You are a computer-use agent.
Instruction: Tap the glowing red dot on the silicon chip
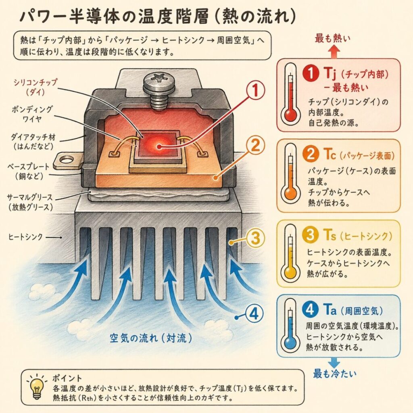pyautogui.click(x=159, y=146)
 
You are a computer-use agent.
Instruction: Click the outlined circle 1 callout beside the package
pyautogui.click(x=255, y=90)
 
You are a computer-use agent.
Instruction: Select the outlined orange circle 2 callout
pyautogui.click(x=255, y=146)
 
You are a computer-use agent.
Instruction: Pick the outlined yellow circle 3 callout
pyautogui.click(x=255, y=238)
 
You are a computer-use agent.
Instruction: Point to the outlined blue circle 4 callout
pyautogui.click(x=254, y=314)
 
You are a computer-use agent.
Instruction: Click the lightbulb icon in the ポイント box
pyautogui.click(x=36, y=386)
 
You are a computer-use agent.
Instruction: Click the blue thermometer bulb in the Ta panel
pyautogui.click(x=290, y=344)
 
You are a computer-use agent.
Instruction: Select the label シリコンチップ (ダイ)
pyautogui.click(x=35, y=87)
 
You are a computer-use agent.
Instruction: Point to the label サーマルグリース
pyautogui.click(x=30, y=197)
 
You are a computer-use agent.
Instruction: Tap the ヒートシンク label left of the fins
pyautogui.click(x=25, y=237)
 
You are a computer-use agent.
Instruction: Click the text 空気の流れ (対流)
pyautogui.click(x=151, y=338)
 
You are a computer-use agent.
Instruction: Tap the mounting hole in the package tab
pyautogui.click(x=66, y=160)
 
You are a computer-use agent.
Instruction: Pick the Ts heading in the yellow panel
pyautogui.click(x=329, y=235)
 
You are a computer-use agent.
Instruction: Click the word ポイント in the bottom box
pyautogui.click(x=67, y=378)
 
